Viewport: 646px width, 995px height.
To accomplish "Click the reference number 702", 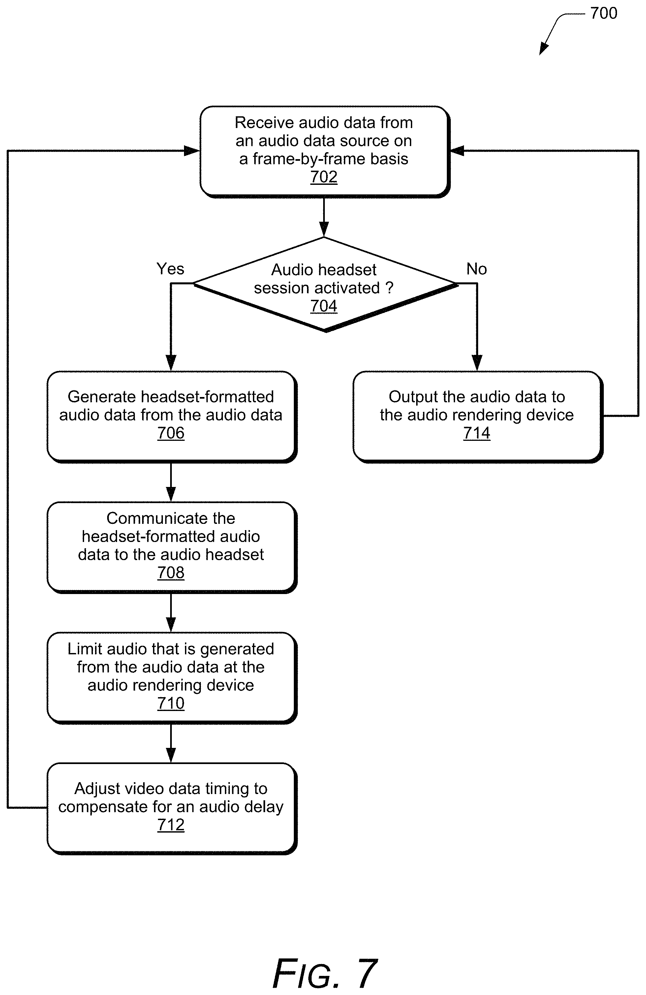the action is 323,177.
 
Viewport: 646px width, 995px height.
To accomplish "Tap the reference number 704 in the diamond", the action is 323,306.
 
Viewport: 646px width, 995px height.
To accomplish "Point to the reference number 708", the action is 171,572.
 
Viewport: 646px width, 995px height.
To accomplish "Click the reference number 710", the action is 171,703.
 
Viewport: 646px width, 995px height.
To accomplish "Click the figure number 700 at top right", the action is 603,14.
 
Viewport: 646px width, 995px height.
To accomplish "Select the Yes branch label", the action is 170,269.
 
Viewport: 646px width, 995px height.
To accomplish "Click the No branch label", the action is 477,269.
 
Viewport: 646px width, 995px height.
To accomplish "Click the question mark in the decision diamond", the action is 389,288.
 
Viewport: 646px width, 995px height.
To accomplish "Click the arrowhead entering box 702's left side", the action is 192,151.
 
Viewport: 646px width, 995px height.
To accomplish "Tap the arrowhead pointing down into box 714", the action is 477,363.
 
